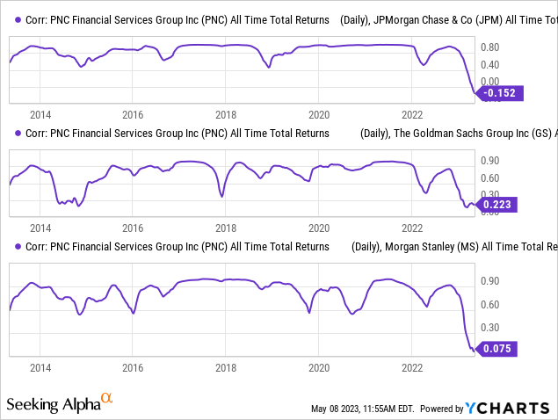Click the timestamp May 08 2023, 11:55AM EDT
coord(362,409)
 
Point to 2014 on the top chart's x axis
coord(40,114)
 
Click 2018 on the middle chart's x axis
coord(227,226)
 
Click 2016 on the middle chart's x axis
coord(134,226)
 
